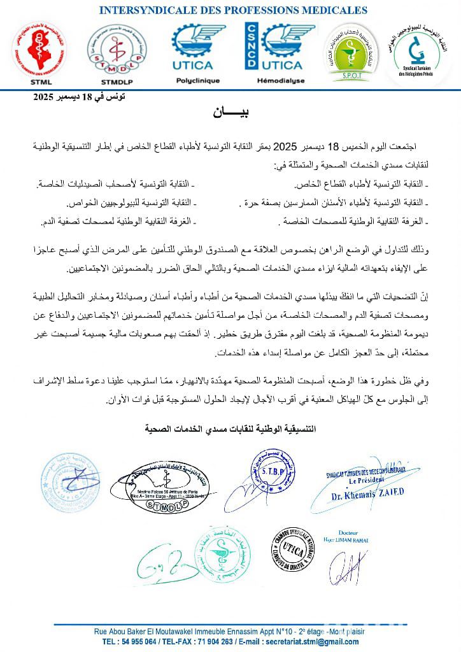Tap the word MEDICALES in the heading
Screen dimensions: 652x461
click(334, 10)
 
